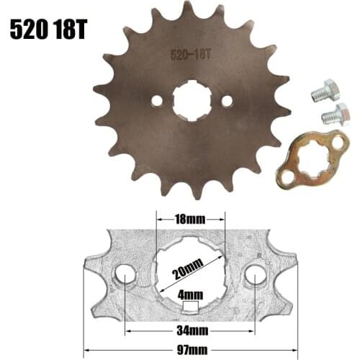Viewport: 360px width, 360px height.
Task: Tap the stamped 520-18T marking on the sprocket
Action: (x=189, y=53)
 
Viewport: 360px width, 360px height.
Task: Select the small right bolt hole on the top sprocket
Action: (x=227, y=102)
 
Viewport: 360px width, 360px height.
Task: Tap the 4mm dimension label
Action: (x=190, y=294)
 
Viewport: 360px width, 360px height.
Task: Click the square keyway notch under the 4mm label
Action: (x=190, y=308)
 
